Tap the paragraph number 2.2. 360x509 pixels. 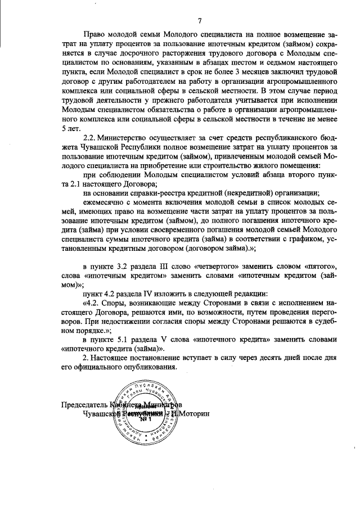coord(92,138)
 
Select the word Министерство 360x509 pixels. coord(131,138)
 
